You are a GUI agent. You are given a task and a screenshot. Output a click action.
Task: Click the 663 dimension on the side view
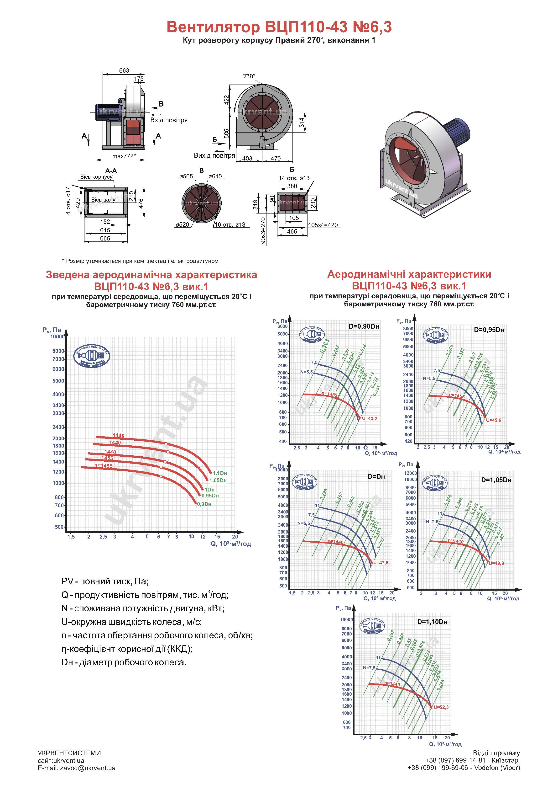(x=124, y=70)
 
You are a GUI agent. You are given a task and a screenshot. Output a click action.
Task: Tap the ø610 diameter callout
(x=215, y=176)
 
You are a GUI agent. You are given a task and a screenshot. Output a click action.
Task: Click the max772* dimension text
(x=124, y=156)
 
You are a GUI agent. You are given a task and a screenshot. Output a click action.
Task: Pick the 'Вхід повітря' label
(x=169, y=120)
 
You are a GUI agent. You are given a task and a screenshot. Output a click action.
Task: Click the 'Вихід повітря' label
(x=214, y=155)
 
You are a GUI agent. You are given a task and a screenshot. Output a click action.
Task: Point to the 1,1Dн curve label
(x=220, y=473)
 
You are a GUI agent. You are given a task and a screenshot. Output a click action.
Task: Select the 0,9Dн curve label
(x=204, y=504)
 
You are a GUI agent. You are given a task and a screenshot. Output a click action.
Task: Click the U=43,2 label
(x=370, y=418)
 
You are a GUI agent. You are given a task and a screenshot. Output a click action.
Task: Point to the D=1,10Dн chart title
(x=432, y=622)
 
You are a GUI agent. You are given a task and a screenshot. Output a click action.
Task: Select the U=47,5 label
(x=381, y=563)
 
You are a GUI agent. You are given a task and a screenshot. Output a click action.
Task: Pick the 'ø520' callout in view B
(x=182, y=225)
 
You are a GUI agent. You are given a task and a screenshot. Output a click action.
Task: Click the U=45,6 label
(x=493, y=420)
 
